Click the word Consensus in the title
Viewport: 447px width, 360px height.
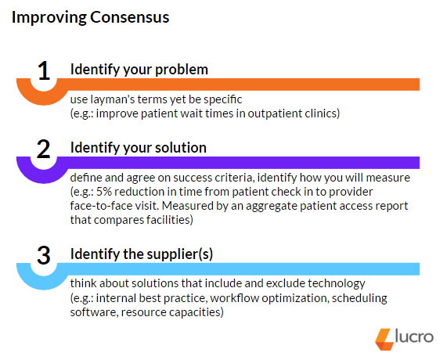130,17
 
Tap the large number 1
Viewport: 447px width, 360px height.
44,70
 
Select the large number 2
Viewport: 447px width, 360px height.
44,149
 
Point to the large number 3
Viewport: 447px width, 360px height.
44,255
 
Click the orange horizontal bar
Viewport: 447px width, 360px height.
238,85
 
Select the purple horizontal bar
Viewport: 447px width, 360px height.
238,163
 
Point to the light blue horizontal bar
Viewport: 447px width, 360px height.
238,269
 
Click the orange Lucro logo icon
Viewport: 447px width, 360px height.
384,339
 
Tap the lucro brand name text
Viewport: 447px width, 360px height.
414,337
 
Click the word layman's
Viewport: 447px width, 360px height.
113,99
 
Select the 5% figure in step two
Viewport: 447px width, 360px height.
104,192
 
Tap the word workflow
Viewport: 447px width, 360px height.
235,298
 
